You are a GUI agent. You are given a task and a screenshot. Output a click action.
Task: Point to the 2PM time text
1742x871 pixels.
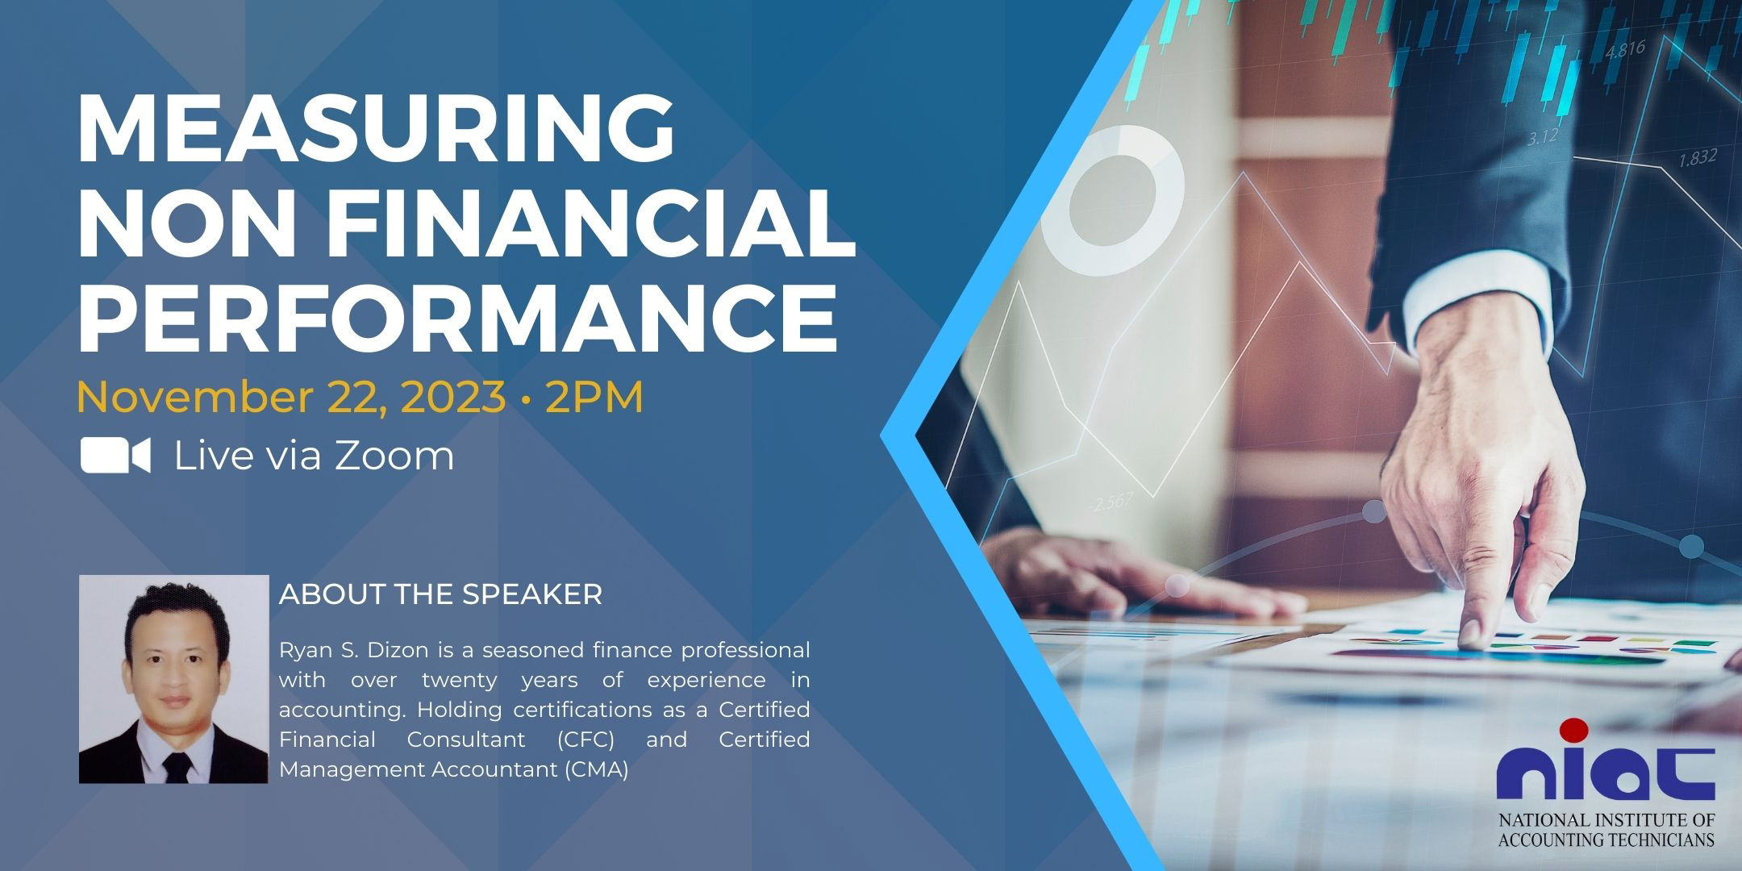point(594,397)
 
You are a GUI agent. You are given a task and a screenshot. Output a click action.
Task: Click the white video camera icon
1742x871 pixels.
point(115,456)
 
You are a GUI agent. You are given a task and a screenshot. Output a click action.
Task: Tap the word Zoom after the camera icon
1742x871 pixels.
point(394,456)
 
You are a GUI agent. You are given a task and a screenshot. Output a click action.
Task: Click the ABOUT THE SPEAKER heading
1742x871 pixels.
point(440,595)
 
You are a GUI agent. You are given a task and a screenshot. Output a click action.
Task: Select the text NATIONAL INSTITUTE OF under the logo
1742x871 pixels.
point(1607,821)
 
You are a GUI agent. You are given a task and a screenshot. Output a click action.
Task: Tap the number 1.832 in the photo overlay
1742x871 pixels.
point(1698,158)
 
